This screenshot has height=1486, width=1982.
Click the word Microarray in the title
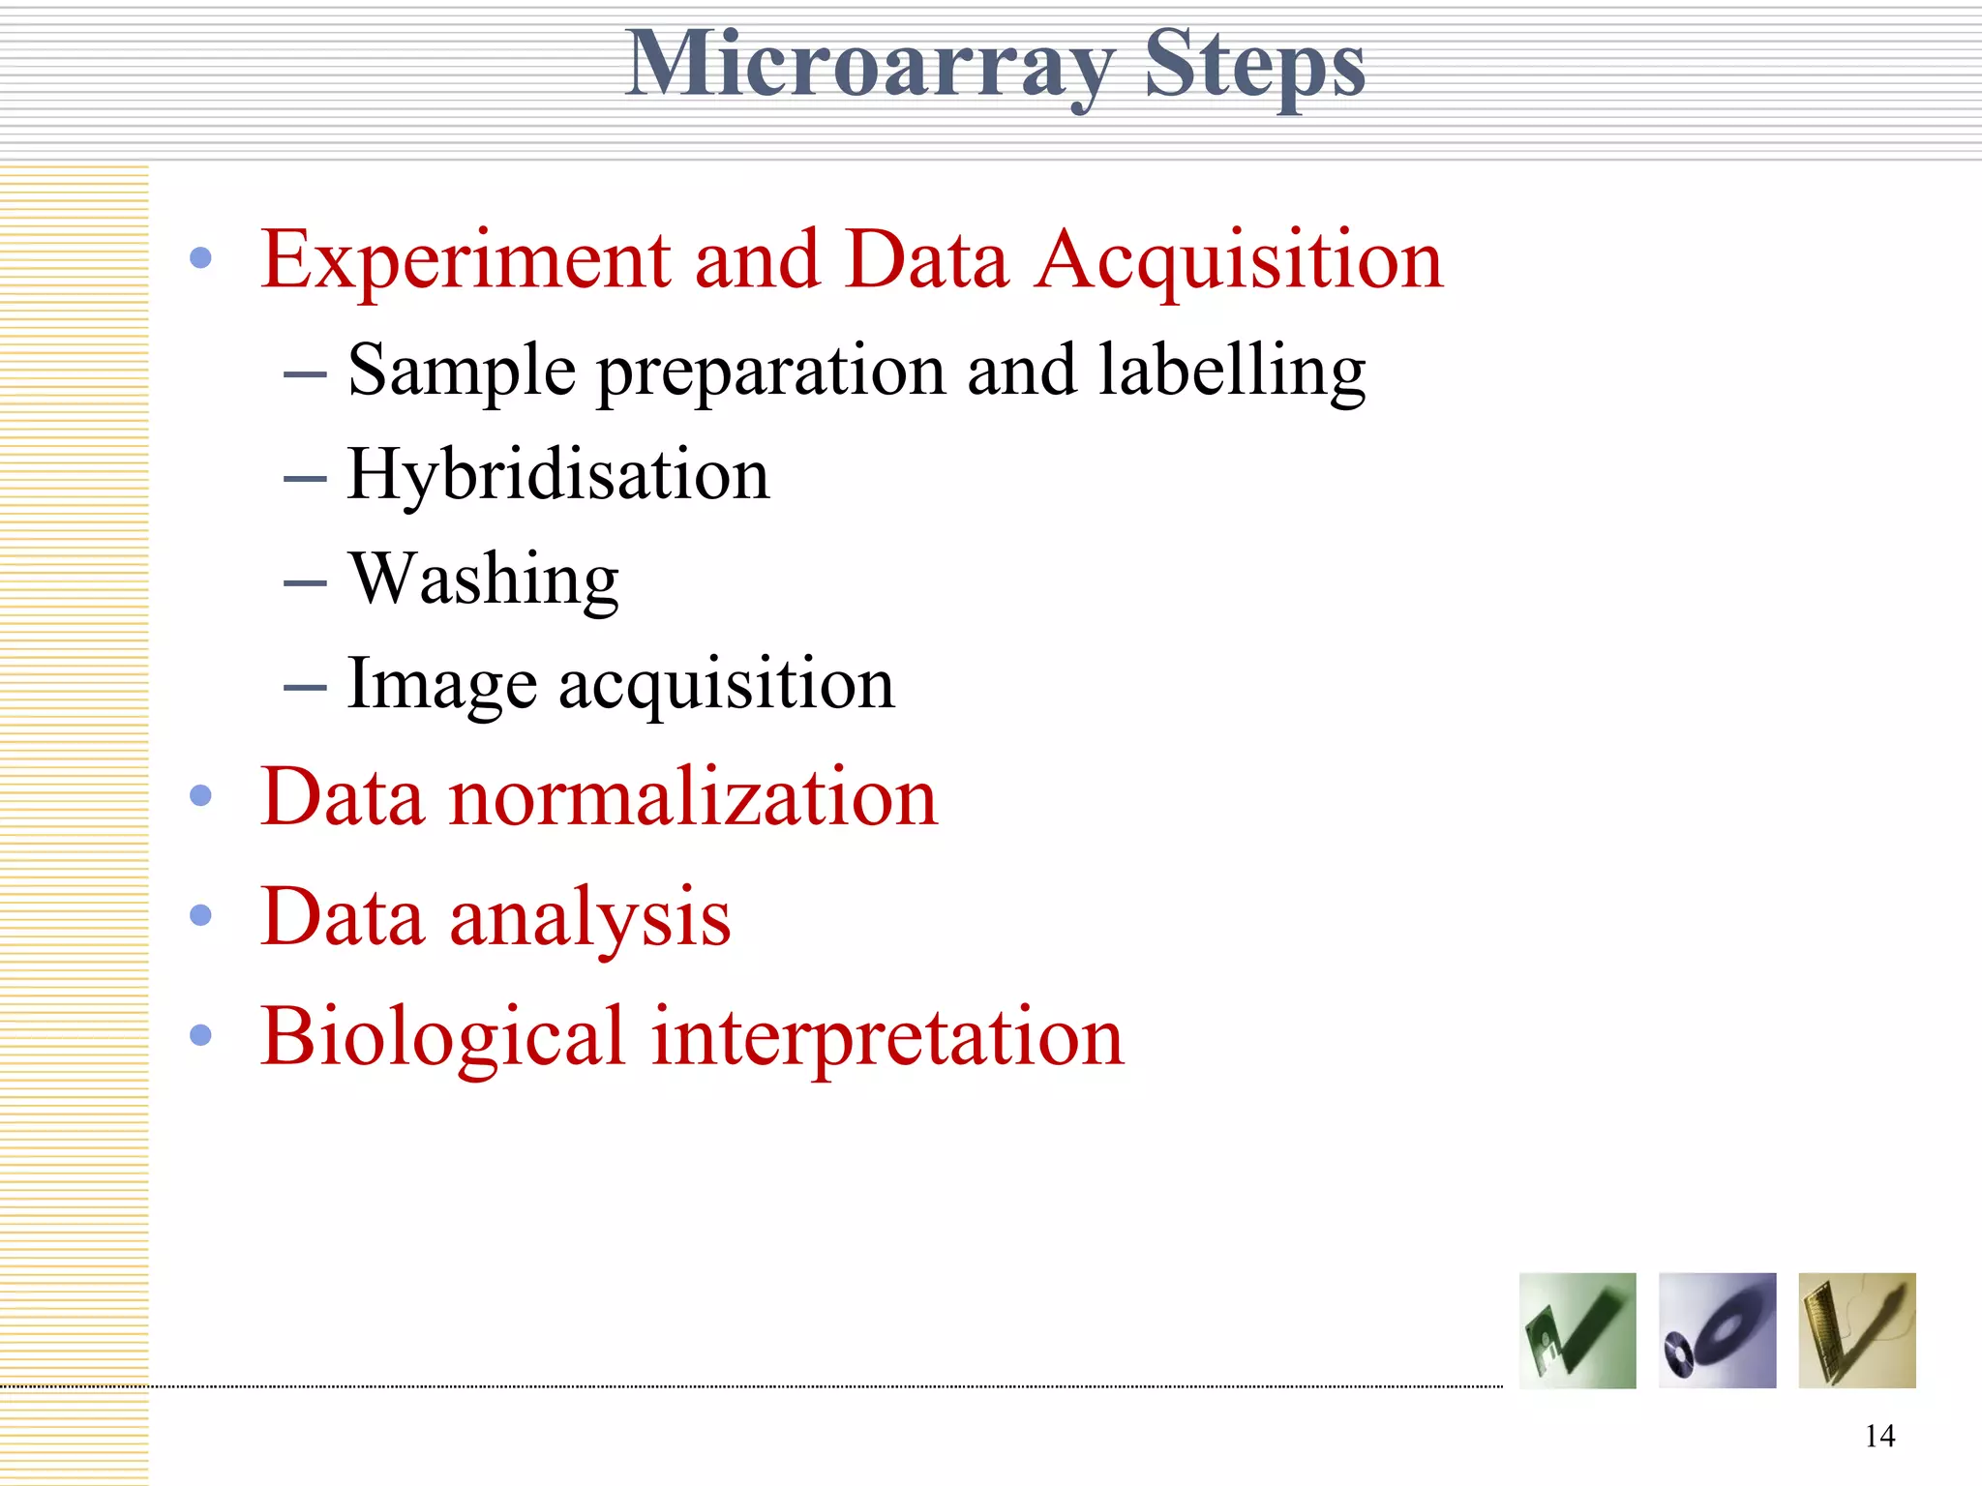(868, 66)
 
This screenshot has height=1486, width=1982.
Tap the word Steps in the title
(1254, 66)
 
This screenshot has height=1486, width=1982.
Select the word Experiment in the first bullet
(465, 261)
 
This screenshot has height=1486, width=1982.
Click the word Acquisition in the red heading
(1240, 261)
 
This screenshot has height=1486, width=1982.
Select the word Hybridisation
(558, 476)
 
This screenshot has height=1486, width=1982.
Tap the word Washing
(484, 580)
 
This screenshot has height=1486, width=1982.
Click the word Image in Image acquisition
(441, 685)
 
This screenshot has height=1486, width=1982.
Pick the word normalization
(694, 797)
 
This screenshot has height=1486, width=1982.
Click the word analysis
(590, 917)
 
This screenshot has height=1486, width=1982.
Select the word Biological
(443, 1037)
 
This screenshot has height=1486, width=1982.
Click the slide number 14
(1879, 1436)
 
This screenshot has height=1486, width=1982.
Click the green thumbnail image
(1577, 1330)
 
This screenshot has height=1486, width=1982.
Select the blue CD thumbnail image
(1717, 1330)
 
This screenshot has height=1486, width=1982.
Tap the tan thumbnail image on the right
(1856, 1330)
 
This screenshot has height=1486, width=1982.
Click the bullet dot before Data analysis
(201, 915)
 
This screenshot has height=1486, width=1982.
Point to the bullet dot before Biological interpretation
(201, 1035)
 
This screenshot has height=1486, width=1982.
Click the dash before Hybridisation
(305, 478)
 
